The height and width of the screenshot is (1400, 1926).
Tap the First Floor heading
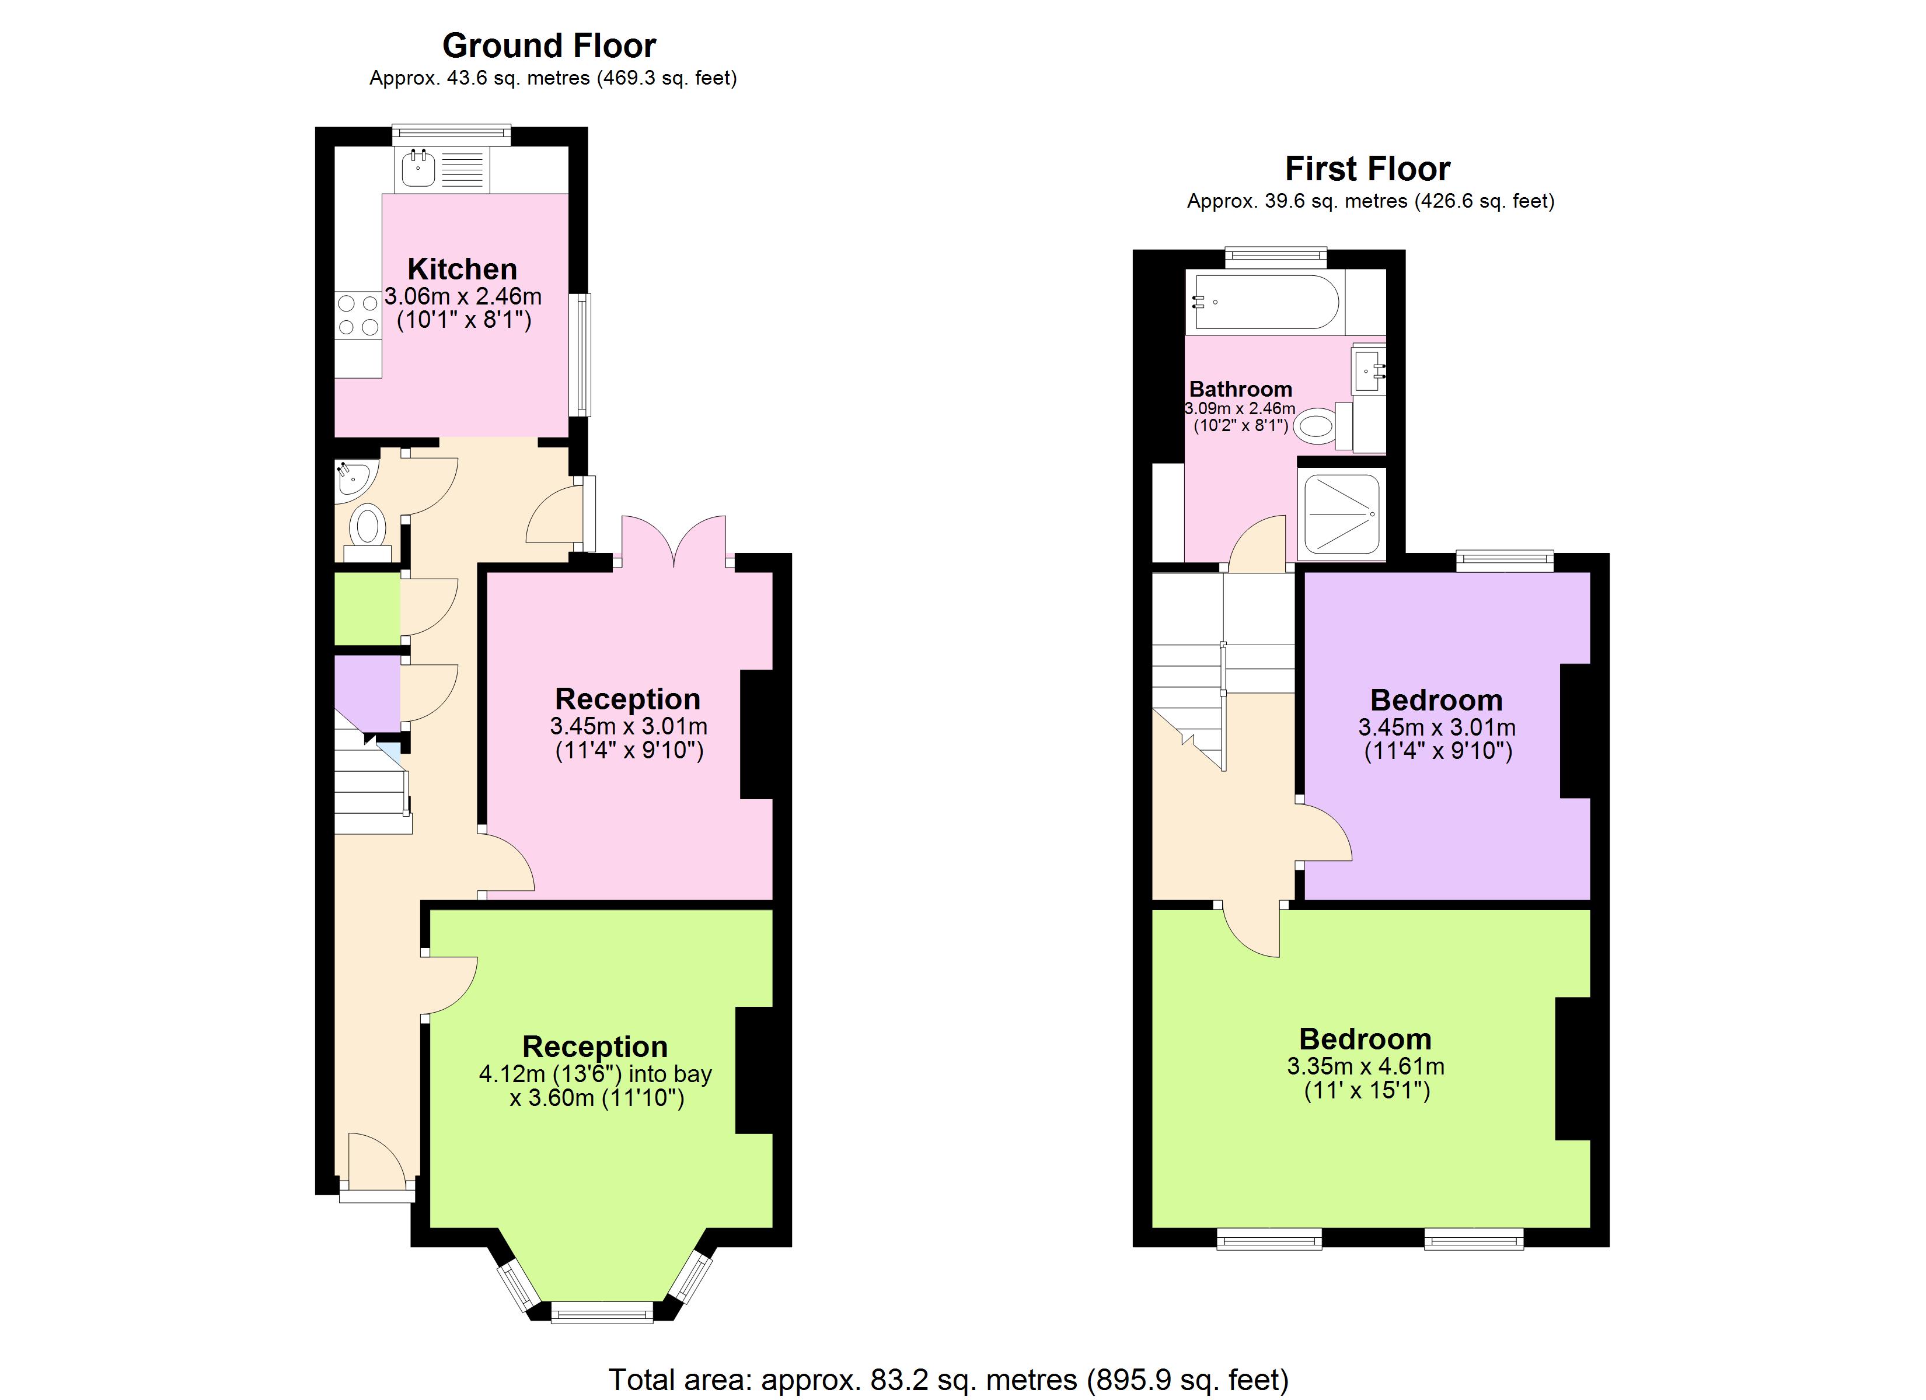[1367, 169]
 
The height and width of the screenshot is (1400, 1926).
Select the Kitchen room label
[462, 269]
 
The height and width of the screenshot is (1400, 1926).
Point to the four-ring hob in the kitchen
[358, 314]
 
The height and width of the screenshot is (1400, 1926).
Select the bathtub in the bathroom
[1265, 302]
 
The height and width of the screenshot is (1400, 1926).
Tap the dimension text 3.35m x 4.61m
[1366, 1066]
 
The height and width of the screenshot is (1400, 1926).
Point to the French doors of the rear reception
[674, 543]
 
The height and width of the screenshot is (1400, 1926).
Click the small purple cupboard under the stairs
[365, 689]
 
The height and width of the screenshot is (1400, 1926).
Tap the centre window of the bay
[602, 1312]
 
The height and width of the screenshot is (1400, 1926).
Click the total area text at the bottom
[948, 1380]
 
